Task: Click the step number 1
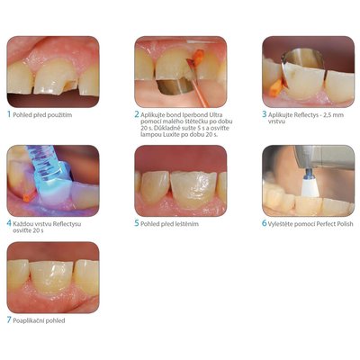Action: [x=9, y=114]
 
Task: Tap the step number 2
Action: [x=137, y=114]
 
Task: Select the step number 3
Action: [x=265, y=114]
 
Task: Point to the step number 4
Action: [x=9, y=223]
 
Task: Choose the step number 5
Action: [x=137, y=223]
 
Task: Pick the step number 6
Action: [x=265, y=223]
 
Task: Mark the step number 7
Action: [x=9, y=320]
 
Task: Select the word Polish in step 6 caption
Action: [x=345, y=224]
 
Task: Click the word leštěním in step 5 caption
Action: [x=186, y=224]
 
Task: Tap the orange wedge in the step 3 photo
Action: [x=275, y=89]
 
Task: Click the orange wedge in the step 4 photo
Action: [x=27, y=197]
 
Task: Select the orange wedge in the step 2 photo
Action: [x=197, y=58]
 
